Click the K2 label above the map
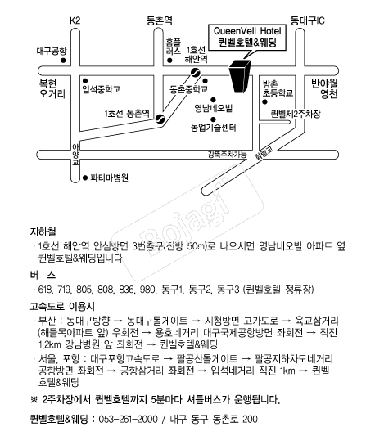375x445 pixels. coord(75,20)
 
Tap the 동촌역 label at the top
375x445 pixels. coord(160,20)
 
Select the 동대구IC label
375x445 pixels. coord(307,20)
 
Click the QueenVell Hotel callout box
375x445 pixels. coord(247,38)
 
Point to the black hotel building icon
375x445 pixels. coord(240,76)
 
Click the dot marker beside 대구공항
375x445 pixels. coord(63,61)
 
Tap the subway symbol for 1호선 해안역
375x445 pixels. coord(196,73)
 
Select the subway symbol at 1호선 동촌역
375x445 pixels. coord(160,119)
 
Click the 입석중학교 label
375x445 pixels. coord(102,89)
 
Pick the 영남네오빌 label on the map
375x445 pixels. coord(213,108)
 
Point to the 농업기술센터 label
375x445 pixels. coord(213,128)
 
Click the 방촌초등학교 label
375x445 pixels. coord(278,88)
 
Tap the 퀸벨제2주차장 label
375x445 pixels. coord(296,114)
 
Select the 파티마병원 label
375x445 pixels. coord(109,178)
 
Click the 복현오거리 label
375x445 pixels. coord(52,88)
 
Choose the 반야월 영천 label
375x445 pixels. coord(324,88)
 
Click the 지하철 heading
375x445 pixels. coord(43,231)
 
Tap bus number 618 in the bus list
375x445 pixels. coord(45,290)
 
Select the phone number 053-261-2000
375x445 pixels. coord(128,419)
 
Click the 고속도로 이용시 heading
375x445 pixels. coord(62,306)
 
